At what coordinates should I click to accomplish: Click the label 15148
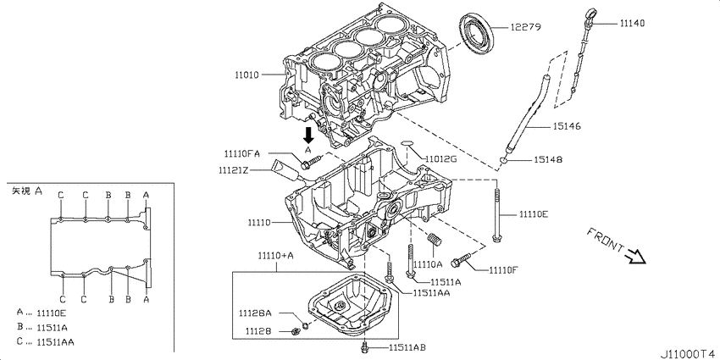[x=548, y=159]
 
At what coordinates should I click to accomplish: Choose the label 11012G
[x=441, y=158]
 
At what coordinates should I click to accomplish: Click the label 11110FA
[x=241, y=153]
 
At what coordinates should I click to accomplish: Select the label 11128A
[x=254, y=313]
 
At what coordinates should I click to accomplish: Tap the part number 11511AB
[x=407, y=347]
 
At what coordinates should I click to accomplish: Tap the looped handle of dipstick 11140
[x=590, y=14]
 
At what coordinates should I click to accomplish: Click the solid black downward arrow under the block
[x=309, y=134]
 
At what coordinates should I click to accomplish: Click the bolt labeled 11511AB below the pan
[x=364, y=346]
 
